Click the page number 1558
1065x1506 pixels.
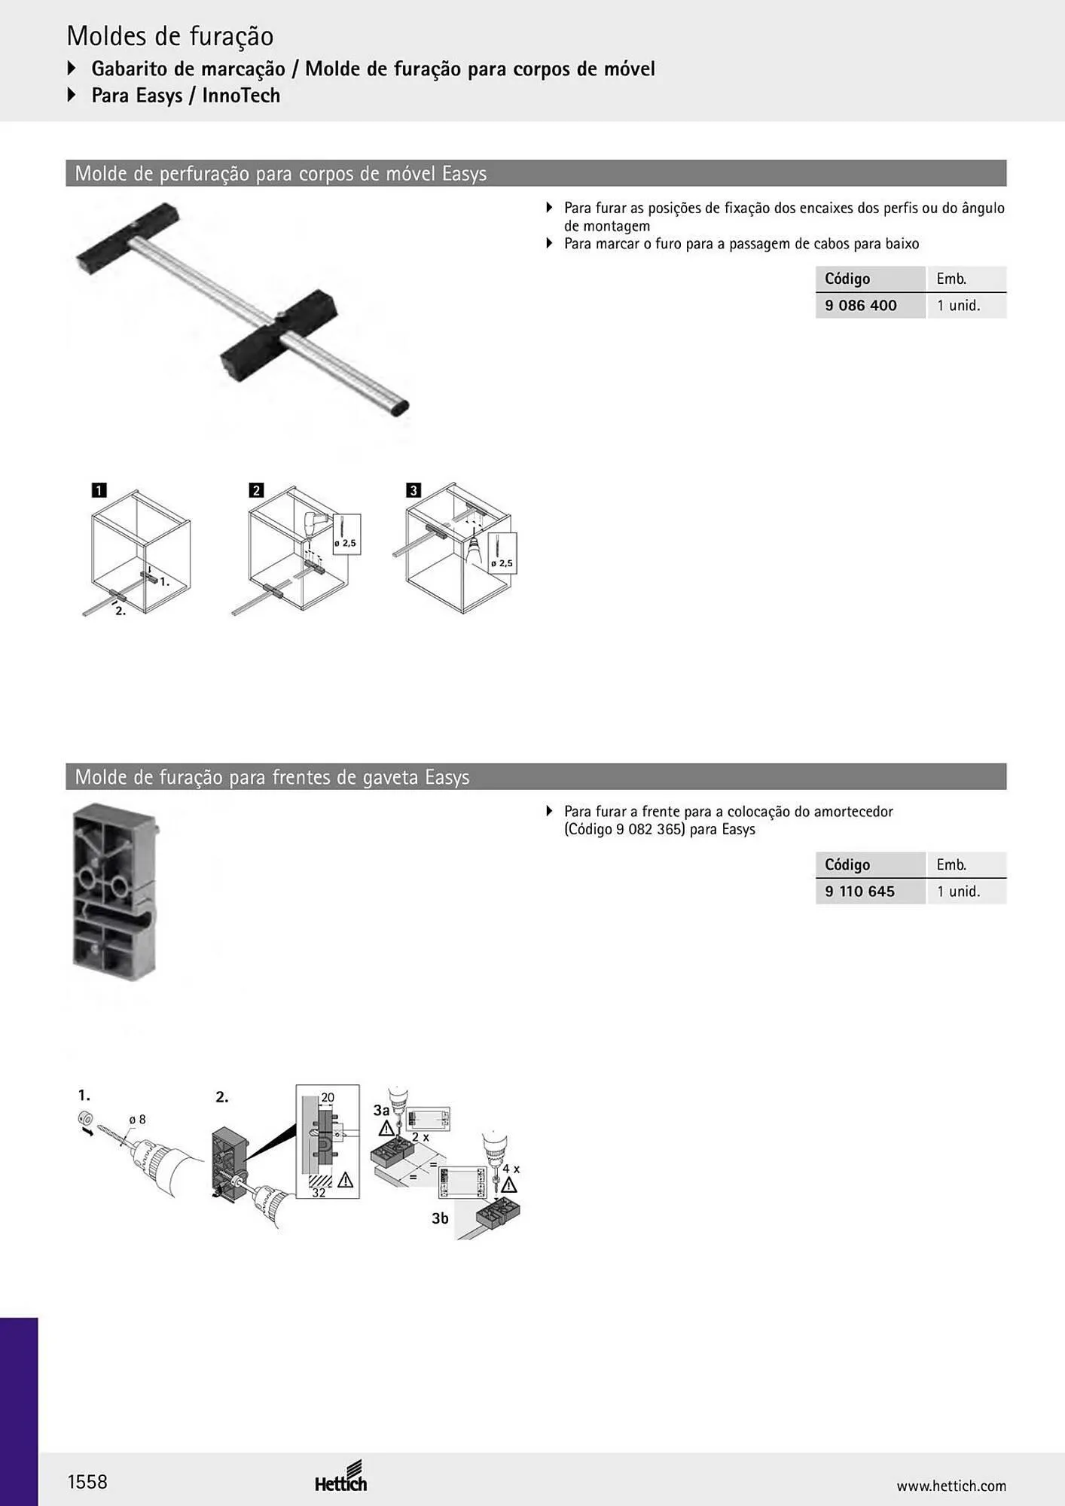87,1482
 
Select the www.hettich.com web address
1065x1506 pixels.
951,1486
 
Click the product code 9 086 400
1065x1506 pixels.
861,305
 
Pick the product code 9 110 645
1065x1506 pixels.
859,891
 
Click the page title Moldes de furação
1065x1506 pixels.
170,35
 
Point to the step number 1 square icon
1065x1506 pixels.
99,490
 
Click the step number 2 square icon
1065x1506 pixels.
256,490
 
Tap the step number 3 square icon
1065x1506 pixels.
413,490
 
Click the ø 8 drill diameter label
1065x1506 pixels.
137,1120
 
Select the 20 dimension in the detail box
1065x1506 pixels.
328,1098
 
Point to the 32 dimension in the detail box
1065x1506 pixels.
319,1193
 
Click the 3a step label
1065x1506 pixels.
382,1110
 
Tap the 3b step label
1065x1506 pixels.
441,1218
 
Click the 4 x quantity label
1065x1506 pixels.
511,1169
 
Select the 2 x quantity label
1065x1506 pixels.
420,1137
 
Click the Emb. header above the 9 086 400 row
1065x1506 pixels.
951,279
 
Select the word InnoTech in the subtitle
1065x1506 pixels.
241,96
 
